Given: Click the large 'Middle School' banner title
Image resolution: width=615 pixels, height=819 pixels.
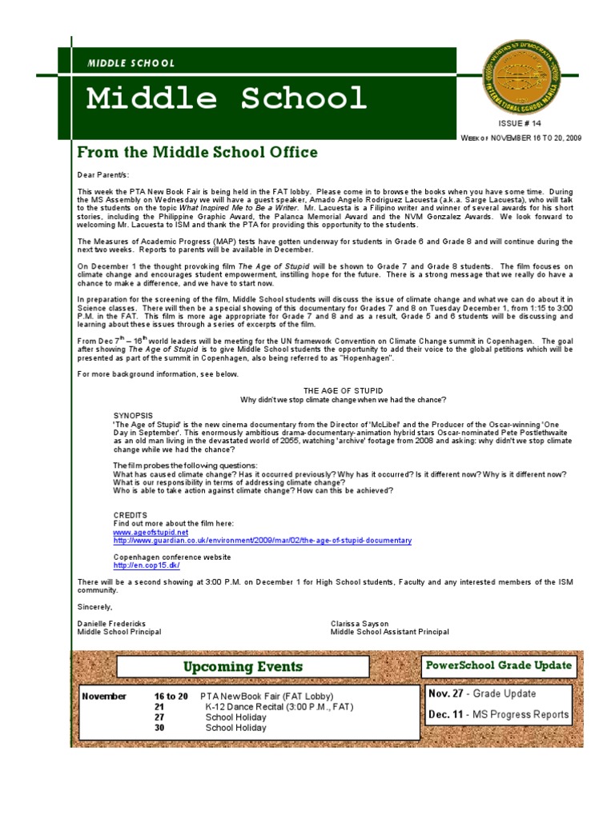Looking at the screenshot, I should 226,98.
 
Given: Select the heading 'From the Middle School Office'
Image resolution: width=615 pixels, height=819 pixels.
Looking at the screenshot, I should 197,152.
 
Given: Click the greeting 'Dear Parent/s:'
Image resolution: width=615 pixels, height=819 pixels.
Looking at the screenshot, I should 102,174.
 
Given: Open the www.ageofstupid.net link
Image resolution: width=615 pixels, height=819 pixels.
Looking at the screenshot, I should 151,532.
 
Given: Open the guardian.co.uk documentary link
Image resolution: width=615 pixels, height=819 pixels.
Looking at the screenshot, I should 262,541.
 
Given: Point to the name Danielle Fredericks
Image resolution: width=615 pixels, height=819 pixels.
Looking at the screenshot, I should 111,622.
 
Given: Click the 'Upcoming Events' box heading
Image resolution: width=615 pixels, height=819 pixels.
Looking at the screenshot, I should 243,666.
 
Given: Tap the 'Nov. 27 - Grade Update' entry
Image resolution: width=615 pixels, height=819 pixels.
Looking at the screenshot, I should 481,693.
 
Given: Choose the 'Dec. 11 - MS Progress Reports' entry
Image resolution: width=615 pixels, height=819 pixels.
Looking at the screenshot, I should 498,714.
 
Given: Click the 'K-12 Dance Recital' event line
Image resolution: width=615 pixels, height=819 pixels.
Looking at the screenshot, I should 279,707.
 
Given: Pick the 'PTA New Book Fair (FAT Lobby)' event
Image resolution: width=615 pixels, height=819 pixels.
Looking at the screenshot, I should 266,697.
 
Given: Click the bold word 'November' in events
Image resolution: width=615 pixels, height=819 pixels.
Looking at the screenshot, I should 104,697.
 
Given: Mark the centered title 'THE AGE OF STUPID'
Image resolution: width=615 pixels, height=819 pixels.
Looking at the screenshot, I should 343,390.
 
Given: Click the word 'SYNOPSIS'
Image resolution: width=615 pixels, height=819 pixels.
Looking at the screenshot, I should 133,416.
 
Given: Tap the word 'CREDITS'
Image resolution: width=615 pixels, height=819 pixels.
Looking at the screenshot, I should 130,515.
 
